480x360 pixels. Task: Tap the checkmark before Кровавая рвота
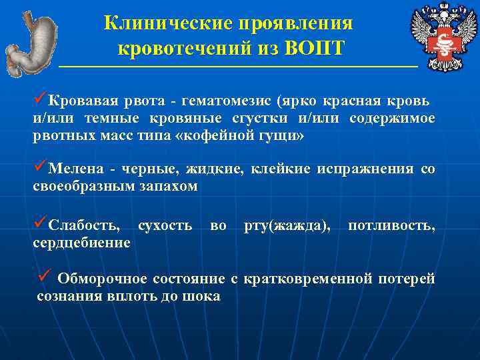click(39, 100)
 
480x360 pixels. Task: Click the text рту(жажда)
click(287, 226)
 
